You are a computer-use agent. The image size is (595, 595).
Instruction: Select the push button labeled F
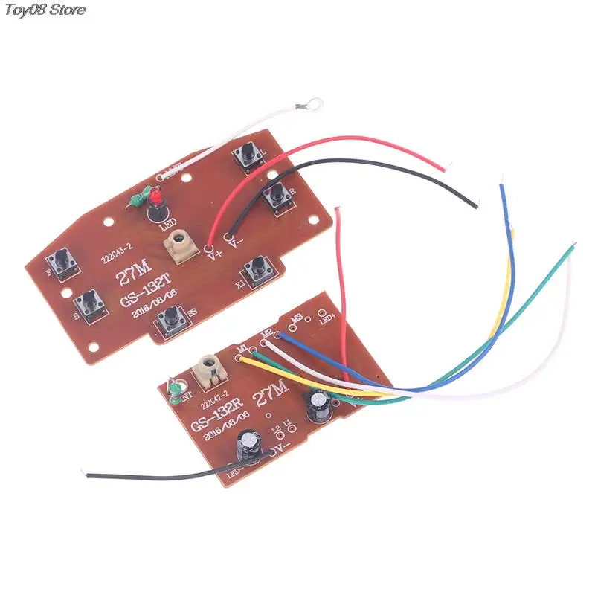(x=59, y=262)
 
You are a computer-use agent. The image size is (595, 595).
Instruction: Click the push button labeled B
(x=88, y=305)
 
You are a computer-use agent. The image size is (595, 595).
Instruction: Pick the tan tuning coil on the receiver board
(x=209, y=369)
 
